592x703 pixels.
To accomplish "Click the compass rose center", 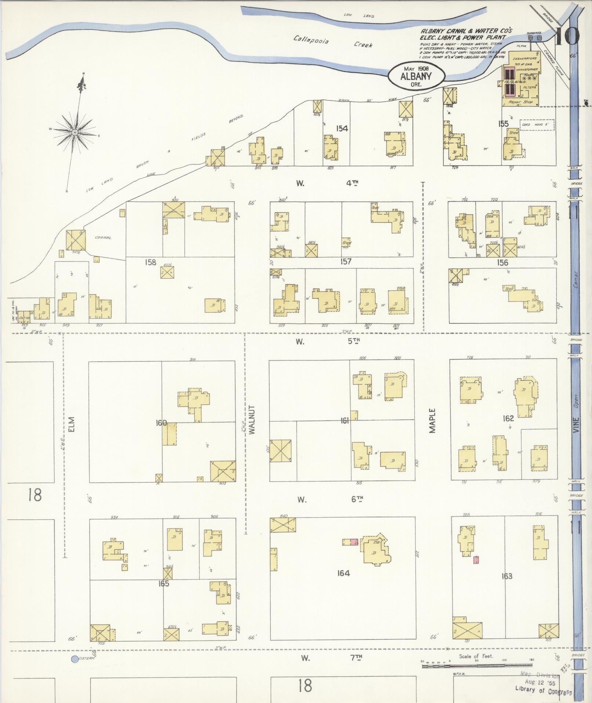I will (x=75, y=132).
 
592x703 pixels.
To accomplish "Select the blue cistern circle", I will (x=75, y=659).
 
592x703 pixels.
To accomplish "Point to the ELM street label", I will (x=71, y=424).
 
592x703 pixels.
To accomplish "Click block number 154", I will (x=342, y=128).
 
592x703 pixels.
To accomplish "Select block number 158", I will (x=150, y=262).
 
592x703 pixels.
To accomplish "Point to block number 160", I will (x=161, y=423).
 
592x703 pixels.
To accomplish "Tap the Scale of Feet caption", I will (x=476, y=656).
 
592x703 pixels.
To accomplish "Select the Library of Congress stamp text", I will (x=544, y=690).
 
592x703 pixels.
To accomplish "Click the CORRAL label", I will (x=103, y=238).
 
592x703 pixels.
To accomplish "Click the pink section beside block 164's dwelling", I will (x=354, y=542).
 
